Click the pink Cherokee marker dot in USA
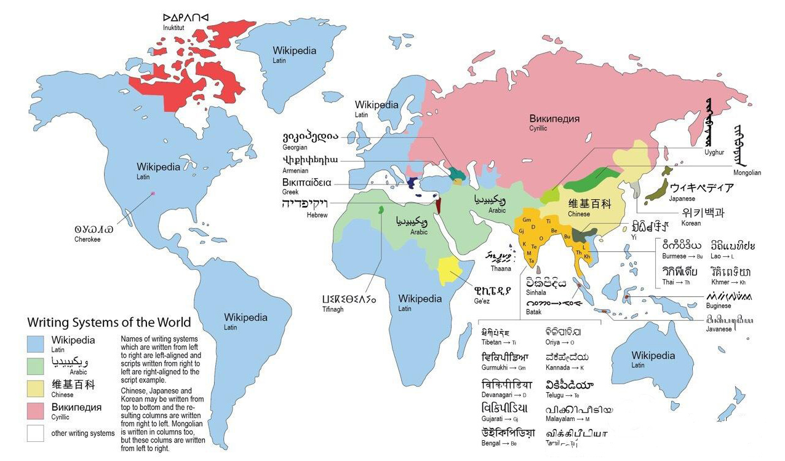[x=153, y=194]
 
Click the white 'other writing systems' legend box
[x=35, y=433]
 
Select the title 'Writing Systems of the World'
[x=109, y=322]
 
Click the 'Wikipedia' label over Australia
[x=653, y=356]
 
